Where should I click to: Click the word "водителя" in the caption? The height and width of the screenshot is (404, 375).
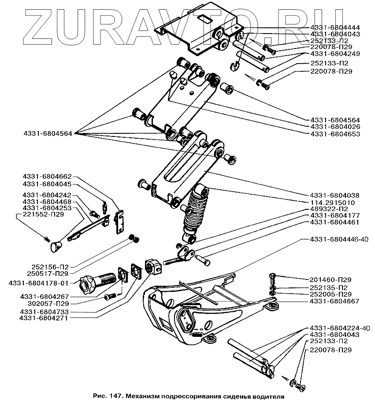pos(266,396)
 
